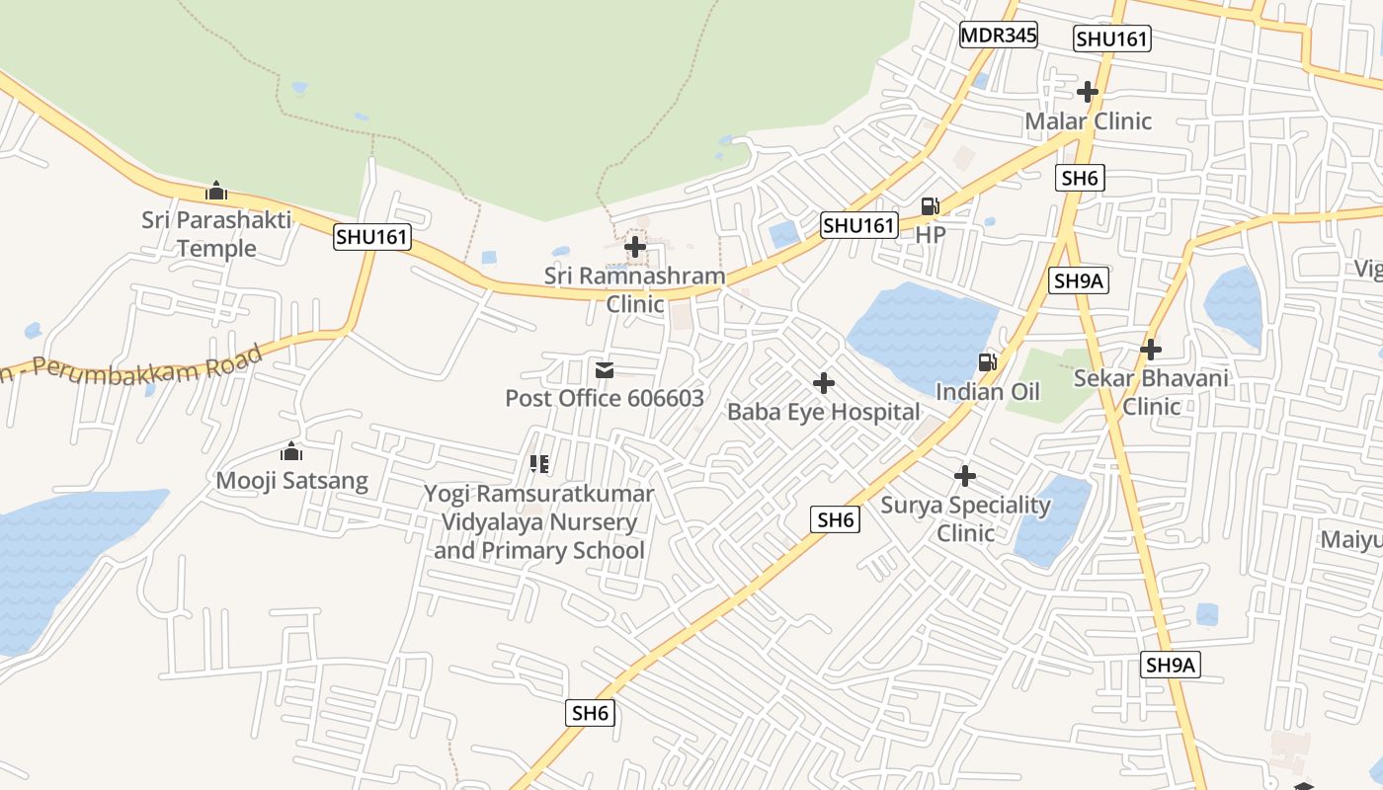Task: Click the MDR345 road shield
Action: [x=999, y=36]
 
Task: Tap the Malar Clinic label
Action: [x=1088, y=120]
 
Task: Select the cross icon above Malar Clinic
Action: [x=1088, y=92]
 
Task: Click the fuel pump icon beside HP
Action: [x=930, y=206]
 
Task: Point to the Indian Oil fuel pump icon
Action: [x=987, y=362]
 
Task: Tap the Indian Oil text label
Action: [x=987, y=392]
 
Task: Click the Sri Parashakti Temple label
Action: [x=216, y=234]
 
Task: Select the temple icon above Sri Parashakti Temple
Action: [x=216, y=191]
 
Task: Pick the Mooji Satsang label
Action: [x=291, y=481]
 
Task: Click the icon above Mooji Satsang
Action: [x=291, y=452]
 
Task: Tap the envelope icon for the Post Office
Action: [x=605, y=370]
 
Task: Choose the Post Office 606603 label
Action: [x=605, y=398]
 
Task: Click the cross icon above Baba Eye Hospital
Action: [x=824, y=382]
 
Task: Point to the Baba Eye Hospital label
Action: [x=824, y=412]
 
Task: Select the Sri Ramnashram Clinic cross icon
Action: [x=635, y=246]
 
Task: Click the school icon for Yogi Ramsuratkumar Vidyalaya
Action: [x=539, y=463]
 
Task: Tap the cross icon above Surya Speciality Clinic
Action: [x=965, y=476]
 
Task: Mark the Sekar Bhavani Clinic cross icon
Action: [x=1151, y=349]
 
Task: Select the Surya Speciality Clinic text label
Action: [x=965, y=518]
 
